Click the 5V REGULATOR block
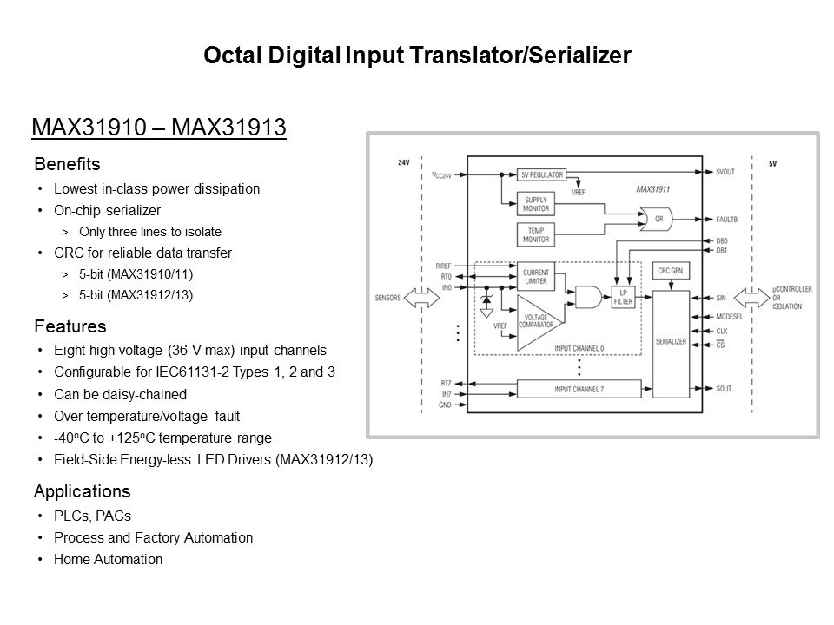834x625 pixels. [x=541, y=174]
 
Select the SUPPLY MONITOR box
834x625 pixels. [x=536, y=204]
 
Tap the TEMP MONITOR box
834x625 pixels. [x=536, y=235]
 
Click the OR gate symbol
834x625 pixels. [x=656, y=219]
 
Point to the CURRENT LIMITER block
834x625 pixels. [x=536, y=276]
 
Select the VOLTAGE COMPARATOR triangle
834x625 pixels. [x=540, y=323]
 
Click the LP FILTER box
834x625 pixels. [x=623, y=297]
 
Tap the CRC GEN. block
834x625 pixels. [x=671, y=271]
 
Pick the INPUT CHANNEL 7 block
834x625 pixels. [x=579, y=389]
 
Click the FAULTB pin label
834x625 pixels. [x=726, y=219]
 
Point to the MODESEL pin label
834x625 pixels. [x=729, y=317]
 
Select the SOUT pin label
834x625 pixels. [x=724, y=389]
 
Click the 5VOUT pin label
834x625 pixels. [x=725, y=172]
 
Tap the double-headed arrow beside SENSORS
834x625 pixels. [x=422, y=298]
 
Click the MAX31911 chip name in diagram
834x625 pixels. [x=652, y=189]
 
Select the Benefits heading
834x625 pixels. [x=67, y=164]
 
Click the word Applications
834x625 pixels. [x=82, y=491]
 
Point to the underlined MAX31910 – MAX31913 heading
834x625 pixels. [x=159, y=128]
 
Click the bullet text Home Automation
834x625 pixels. [x=108, y=559]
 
